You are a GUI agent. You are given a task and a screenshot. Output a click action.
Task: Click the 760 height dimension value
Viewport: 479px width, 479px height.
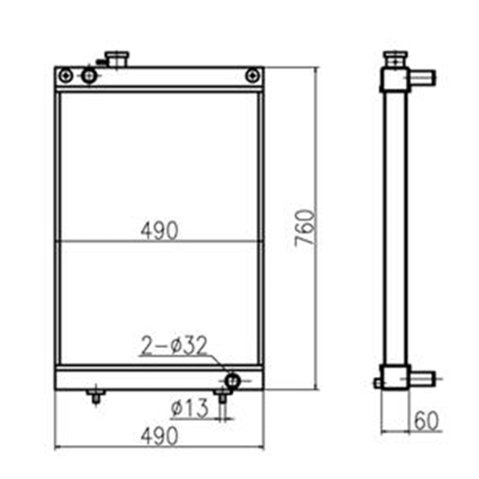[305, 229]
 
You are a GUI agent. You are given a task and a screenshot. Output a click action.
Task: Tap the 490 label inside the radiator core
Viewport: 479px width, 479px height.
[159, 231]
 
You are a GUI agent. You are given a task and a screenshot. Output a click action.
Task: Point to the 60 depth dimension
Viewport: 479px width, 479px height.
[426, 422]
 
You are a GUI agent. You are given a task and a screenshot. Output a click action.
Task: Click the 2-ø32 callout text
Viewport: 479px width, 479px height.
[174, 345]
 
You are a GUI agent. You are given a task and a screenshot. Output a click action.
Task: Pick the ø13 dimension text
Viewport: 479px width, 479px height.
[189, 409]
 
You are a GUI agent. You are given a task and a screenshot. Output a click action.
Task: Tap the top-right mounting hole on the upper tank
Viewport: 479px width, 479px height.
[253, 75]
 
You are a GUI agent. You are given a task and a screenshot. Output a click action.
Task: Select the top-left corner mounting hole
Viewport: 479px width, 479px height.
[66, 75]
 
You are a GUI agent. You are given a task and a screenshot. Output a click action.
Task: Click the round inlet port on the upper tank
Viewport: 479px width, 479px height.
[89, 75]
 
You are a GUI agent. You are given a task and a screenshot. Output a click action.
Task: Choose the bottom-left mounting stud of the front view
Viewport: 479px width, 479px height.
[95, 396]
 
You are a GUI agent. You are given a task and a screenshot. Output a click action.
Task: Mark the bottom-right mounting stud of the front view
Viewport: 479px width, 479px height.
[222, 396]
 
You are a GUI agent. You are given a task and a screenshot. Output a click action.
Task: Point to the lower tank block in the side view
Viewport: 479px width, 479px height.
[395, 378]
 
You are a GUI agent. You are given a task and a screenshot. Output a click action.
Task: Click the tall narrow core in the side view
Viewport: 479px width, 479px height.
[395, 228]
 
